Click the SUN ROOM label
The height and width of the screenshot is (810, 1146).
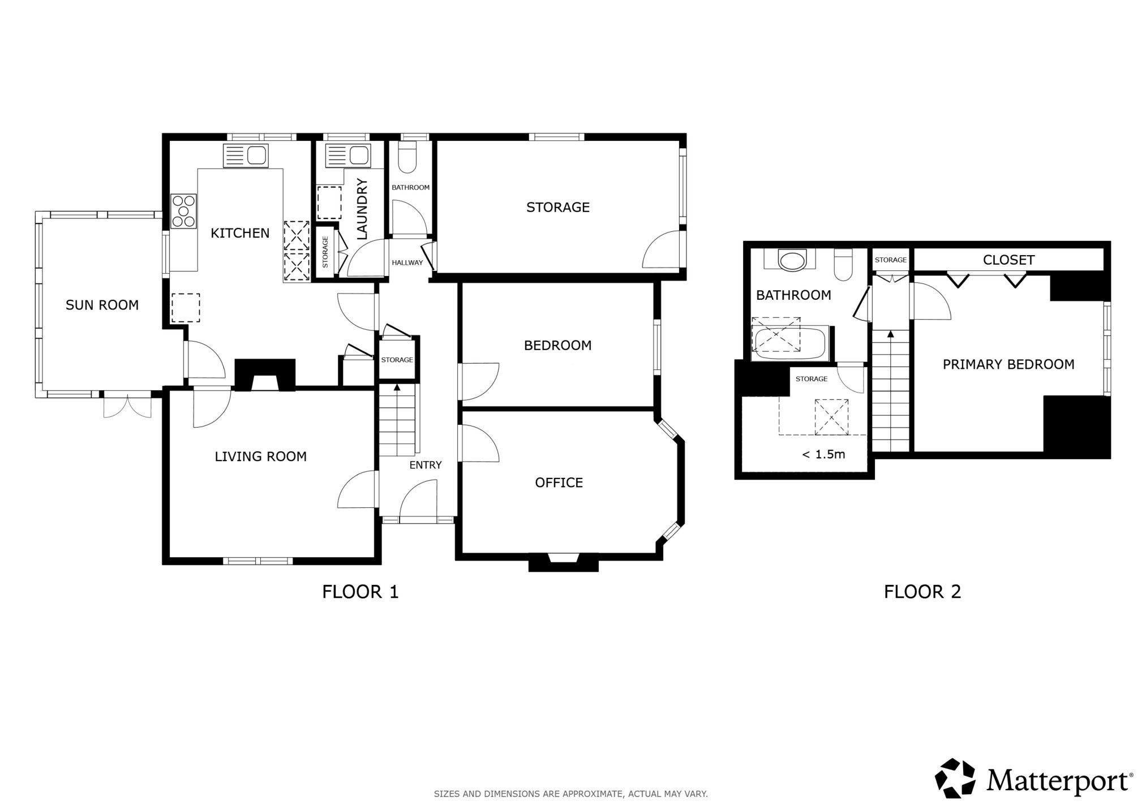[x=102, y=305]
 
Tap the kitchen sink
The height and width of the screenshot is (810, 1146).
[x=246, y=156]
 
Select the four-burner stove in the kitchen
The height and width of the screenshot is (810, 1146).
[x=184, y=211]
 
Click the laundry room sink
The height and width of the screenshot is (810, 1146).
[x=348, y=155]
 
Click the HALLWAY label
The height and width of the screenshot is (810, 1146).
[x=407, y=263]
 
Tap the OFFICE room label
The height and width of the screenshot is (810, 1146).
[x=559, y=482]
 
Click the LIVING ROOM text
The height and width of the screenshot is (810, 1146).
[x=260, y=456]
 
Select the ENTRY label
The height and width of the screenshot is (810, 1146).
[x=426, y=465]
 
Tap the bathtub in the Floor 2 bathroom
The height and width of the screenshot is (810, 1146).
[x=790, y=343]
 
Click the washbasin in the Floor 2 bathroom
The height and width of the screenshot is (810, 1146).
[x=790, y=261]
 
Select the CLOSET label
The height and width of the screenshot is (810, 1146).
[x=1009, y=260]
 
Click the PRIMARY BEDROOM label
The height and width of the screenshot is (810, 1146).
[x=1008, y=364]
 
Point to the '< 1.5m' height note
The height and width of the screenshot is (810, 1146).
[x=824, y=454]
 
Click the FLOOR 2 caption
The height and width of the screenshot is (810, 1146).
[x=922, y=592]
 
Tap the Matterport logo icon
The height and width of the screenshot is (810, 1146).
[x=956, y=778]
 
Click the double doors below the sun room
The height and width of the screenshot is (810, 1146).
[x=127, y=404]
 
